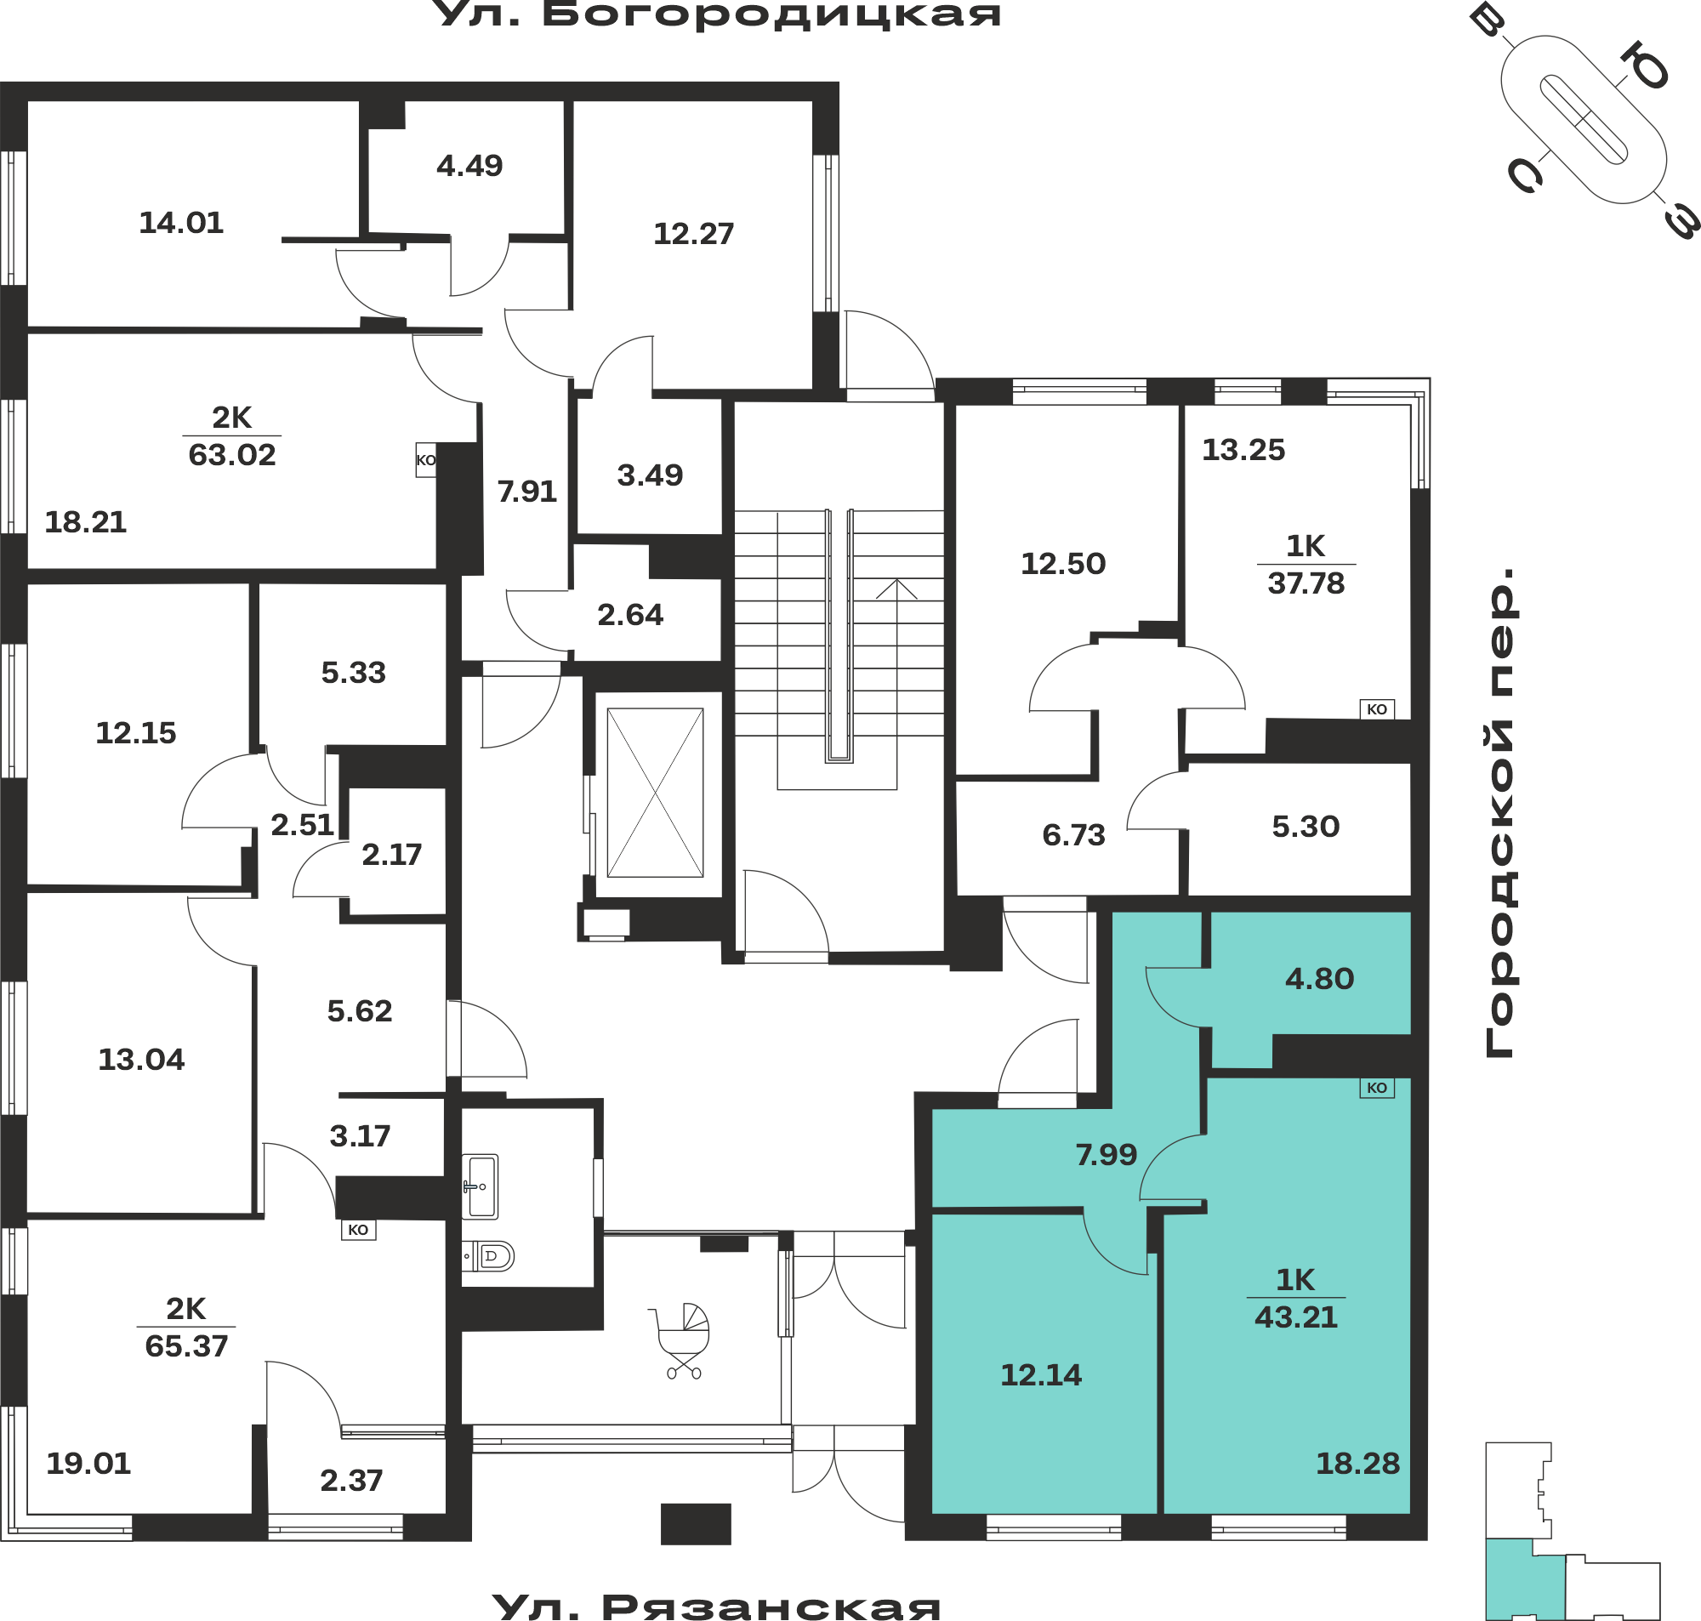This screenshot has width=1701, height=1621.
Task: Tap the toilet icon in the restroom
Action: tap(489, 1256)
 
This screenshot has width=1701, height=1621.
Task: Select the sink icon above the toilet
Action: tap(480, 1186)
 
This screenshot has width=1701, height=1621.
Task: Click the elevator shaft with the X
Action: tap(655, 793)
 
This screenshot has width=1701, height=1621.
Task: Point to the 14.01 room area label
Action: tap(181, 223)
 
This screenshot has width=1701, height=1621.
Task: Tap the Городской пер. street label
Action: tap(1500, 812)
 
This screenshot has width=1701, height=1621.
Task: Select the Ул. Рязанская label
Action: tap(716, 1606)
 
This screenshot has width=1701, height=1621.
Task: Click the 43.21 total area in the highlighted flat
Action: tap(1296, 1317)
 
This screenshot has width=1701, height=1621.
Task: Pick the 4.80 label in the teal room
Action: tap(1319, 979)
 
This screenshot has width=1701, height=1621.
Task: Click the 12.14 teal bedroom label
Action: tap(1041, 1374)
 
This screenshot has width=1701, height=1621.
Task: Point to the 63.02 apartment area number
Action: tap(232, 454)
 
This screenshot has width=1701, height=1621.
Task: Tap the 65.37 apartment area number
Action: tap(186, 1346)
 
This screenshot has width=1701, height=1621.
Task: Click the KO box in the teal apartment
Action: tap(1377, 1088)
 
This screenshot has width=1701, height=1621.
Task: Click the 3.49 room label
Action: tap(650, 475)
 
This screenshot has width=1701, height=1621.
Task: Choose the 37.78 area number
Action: tap(1306, 583)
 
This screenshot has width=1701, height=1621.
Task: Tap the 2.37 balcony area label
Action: tap(351, 1480)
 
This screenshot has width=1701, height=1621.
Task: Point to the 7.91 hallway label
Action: tap(527, 492)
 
